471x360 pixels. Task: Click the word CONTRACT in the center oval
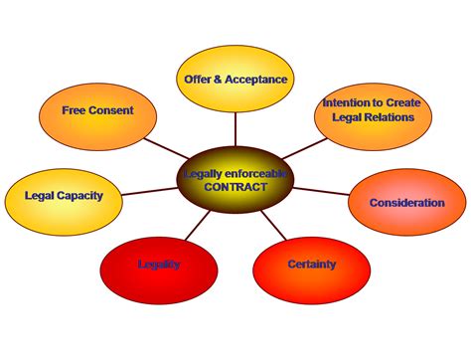pos(235,187)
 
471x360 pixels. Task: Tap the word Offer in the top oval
pos(198,80)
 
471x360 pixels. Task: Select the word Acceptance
pos(256,80)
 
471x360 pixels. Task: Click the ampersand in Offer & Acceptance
pos(218,80)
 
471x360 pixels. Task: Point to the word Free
pos(74,110)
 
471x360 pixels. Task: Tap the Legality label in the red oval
pos(159,265)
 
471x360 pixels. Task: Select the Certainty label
pos(312,265)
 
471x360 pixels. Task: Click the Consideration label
pos(407,203)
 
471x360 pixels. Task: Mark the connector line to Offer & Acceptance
pos(235,129)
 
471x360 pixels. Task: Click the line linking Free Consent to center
pos(166,148)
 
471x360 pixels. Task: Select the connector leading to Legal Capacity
pos(150,191)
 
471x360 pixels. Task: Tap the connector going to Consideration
pos(321,191)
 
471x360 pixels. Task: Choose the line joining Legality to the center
pos(198,226)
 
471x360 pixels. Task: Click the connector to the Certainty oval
pos(273,225)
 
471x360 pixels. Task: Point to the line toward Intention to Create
pos(305,148)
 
